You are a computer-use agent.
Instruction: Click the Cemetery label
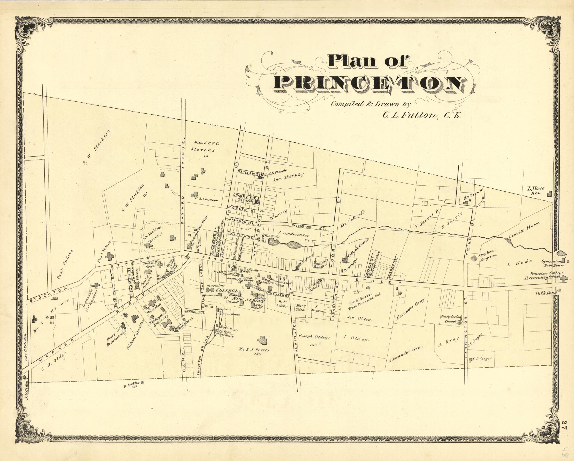(x=278, y=215)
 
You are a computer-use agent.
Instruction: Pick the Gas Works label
(x=272, y=236)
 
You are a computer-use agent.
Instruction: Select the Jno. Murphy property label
(x=288, y=177)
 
